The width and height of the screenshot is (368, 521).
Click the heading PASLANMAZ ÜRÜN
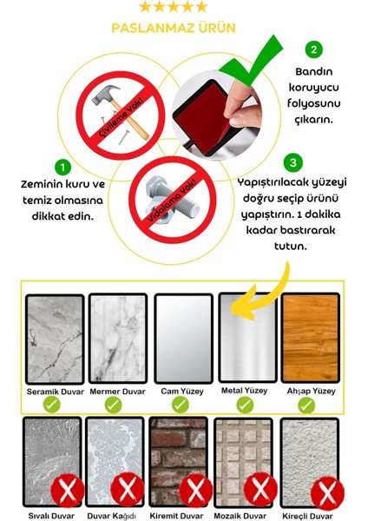[173, 28]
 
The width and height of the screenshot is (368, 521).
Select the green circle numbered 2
[314, 49]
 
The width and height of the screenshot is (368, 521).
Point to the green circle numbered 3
[294, 162]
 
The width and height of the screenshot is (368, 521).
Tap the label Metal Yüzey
[246, 391]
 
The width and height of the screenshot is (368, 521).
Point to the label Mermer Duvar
[117, 391]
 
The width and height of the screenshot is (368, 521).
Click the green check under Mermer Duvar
[117, 405]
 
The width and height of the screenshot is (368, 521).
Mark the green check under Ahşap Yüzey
[310, 405]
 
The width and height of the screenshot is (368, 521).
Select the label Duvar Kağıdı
[116, 514]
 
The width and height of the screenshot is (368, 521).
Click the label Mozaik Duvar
[244, 514]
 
